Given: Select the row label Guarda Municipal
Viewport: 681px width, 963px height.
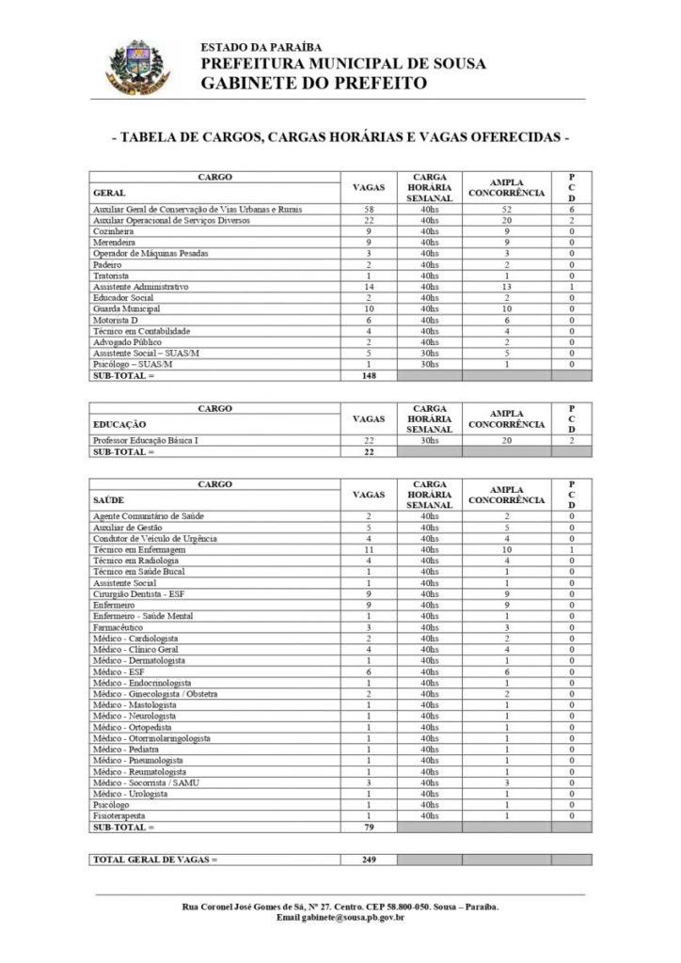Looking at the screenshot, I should tap(126, 308).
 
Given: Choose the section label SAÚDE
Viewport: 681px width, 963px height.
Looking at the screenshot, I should tap(110, 500).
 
